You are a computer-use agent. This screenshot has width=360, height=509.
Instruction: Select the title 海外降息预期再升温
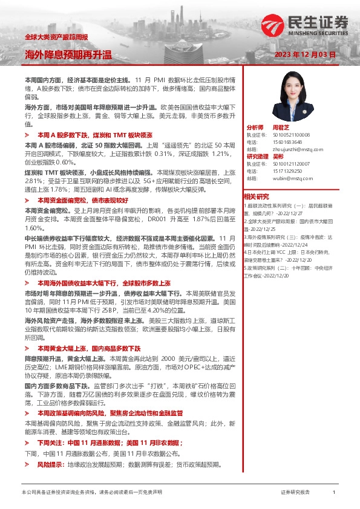(68, 55)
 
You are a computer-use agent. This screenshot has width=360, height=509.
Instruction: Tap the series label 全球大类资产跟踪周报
(56, 37)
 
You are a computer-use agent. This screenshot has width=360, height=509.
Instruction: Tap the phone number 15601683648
(278, 142)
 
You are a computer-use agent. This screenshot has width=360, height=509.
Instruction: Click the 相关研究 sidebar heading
(257, 196)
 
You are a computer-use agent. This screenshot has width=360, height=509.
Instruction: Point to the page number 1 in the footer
(333, 493)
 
